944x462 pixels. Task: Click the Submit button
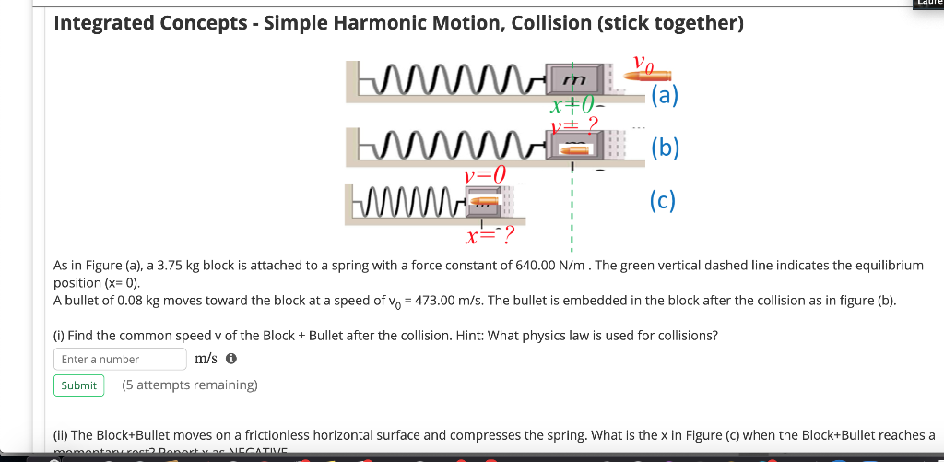coord(78,385)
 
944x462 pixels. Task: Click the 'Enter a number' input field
coord(120,359)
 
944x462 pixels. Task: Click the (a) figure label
coord(664,96)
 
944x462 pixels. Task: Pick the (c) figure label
coord(662,199)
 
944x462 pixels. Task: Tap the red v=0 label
coord(485,173)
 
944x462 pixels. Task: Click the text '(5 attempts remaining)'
coord(190,385)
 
